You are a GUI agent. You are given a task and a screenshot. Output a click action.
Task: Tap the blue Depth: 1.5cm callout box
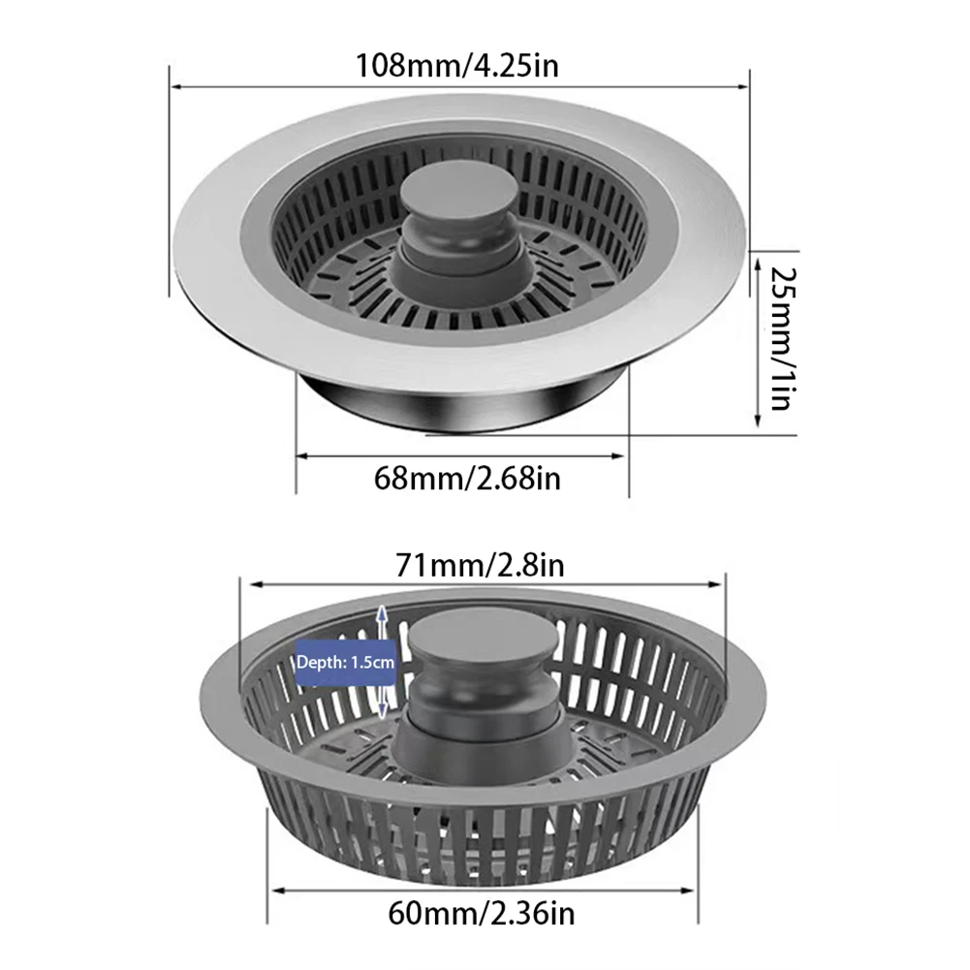[x=345, y=663]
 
